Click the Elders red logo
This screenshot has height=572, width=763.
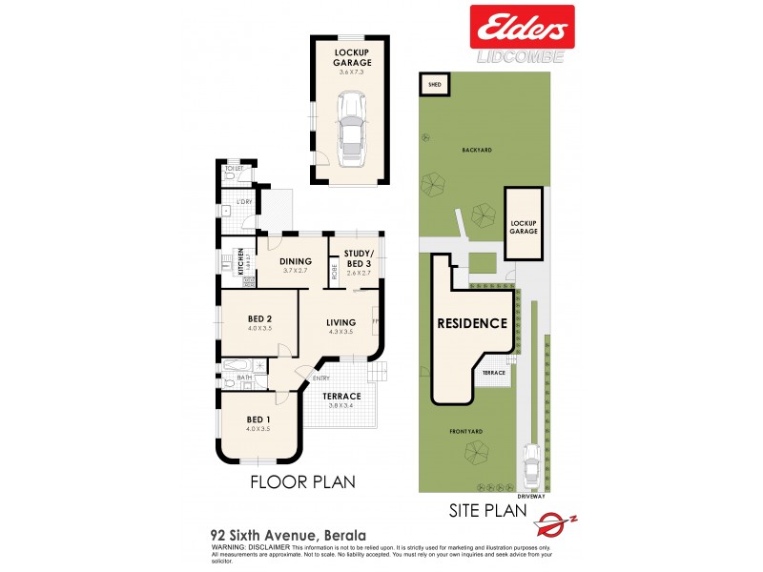[x=523, y=26]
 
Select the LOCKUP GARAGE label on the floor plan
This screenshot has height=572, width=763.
[x=352, y=57]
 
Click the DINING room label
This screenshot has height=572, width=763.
[x=296, y=262]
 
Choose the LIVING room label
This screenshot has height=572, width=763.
[x=340, y=322]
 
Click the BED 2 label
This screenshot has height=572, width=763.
[x=259, y=318]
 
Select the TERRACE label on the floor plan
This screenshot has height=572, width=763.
[x=341, y=396]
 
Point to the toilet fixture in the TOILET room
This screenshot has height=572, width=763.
[x=229, y=176]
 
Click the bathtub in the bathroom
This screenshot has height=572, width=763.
[x=236, y=366]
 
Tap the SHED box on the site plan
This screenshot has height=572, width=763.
[x=434, y=85]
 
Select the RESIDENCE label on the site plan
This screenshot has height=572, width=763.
[x=472, y=323]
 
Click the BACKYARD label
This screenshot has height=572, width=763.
[x=476, y=151]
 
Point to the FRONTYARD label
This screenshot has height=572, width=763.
[x=467, y=431]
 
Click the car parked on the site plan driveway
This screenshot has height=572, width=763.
[x=531, y=466]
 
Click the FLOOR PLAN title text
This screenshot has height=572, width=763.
[x=302, y=481]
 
